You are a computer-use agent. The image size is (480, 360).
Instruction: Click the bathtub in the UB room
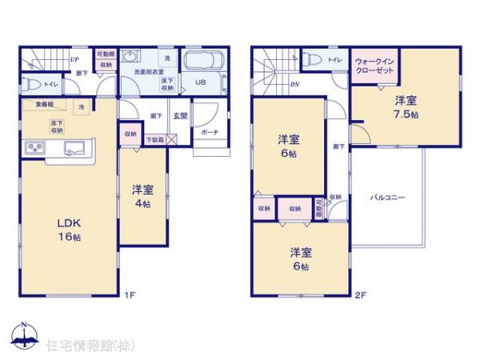pos(204,62)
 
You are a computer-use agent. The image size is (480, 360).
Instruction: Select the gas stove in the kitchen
pos(35,148)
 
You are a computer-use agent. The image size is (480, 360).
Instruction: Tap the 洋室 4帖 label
pos(144,197)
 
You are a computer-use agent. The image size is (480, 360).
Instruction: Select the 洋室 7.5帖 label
pos(406,108)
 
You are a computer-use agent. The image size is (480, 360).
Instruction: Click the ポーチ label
pos(210,131)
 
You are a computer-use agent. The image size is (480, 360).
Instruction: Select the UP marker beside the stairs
pos(74,58)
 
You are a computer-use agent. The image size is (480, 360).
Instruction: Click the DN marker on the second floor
pos(294,85)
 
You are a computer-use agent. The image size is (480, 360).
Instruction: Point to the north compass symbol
pos(24,335)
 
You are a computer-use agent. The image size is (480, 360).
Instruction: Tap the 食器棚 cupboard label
pos(43,105)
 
